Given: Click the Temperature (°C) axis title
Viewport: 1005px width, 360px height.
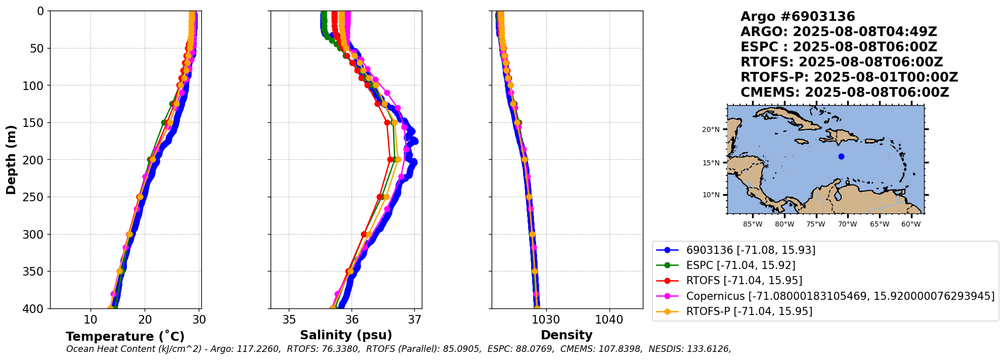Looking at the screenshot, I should coord(125,337).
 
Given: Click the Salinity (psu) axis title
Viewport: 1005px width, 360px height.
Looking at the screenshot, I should coord(346,335).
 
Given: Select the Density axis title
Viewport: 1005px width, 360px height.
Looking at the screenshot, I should coord(566,335).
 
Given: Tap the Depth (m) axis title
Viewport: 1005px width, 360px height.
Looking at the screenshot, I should coord(11,160).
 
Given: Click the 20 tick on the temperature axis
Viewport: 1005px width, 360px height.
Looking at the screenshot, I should coord(145,320).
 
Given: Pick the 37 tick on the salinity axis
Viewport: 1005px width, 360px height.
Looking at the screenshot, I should coord(415,320).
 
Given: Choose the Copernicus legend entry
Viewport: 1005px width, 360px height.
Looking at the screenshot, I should coord(840,296).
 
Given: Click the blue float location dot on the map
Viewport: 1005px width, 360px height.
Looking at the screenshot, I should coord(841,156).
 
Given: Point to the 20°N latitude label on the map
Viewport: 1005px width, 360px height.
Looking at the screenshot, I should coord(710,129).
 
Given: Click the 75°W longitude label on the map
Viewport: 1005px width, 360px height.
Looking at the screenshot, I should coord(815,224).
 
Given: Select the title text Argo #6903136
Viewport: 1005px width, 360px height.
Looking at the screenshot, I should coord(797,17).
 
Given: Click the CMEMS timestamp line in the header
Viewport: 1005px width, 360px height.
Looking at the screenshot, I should coord(844,93).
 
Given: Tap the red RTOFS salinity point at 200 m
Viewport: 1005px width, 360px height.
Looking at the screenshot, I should coord(390,160).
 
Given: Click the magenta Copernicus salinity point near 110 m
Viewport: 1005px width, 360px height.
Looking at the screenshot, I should coord(387,93).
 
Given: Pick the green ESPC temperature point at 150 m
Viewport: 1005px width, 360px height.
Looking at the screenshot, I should coord(164,122).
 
